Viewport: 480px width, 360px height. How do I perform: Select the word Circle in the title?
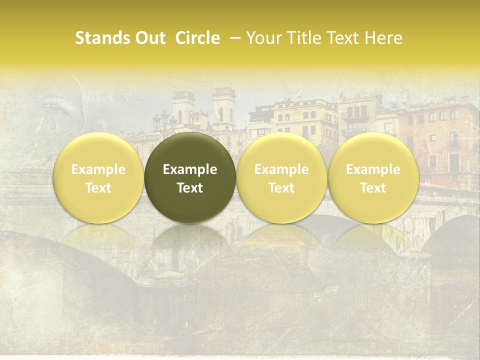tap(197, 38)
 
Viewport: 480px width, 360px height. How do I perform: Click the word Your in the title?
tap(262, 38)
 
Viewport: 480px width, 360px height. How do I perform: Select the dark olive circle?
tap(190, 178)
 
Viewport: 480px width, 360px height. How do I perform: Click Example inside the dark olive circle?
tap(190, 169)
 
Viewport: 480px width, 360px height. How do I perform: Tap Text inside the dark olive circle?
tap(190, 188)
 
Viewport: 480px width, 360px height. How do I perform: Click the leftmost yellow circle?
tap(98, 178)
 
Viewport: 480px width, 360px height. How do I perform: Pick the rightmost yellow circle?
tap(373, 178)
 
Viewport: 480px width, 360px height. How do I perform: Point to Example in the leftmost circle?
tap(98, 169)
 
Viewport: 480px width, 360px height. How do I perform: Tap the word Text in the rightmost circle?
tap(373, 188)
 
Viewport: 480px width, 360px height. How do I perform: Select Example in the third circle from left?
tap(281, 169)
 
